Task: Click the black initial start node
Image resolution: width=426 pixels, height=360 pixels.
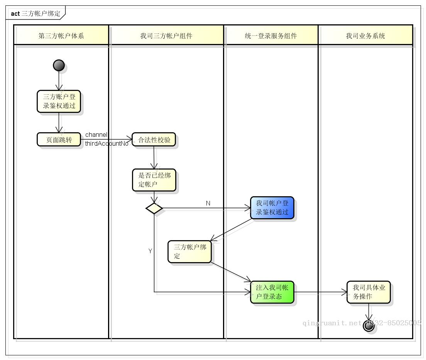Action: [x=59, y=66]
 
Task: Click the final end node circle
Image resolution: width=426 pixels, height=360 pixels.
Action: [x=369, y=326]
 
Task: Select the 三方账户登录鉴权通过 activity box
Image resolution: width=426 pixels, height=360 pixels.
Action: [x=59, y=101]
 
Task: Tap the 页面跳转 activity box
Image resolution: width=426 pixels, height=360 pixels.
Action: [x=59, y=140]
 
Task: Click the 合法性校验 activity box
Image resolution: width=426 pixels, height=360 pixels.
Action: [x=154, y=140]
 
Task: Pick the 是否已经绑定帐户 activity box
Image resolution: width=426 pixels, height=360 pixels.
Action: [x=154, y=180]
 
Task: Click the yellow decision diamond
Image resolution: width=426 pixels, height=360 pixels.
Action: [x=154, y=209]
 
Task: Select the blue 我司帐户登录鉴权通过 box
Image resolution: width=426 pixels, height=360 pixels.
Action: [x=272, y=208]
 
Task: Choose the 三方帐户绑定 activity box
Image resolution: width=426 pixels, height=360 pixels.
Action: [x=189, y=252]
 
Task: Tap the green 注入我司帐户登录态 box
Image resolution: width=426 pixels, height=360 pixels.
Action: [x=272, y=292]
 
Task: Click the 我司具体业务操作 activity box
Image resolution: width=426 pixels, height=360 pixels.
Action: [x=369, y=292]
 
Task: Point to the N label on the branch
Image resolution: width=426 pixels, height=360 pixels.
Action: [x=208, y=203]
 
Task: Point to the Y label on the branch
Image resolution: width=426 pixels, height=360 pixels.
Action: [x=150, y=251]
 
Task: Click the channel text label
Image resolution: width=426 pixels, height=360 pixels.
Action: [x=96, y=135]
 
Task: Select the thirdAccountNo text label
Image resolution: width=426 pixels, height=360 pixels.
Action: [x=106, y=144]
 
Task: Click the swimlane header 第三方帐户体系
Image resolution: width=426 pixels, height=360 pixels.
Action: [x=61, y=36]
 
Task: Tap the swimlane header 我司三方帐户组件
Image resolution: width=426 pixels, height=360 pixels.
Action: [x=166, y=36]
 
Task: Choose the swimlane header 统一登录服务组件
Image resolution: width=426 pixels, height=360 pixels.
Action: [x=271, y=36]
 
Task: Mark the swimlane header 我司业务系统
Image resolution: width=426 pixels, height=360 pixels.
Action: [x=365, y=36]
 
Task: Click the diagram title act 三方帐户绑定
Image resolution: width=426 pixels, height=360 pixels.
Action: [x=35, y=13]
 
